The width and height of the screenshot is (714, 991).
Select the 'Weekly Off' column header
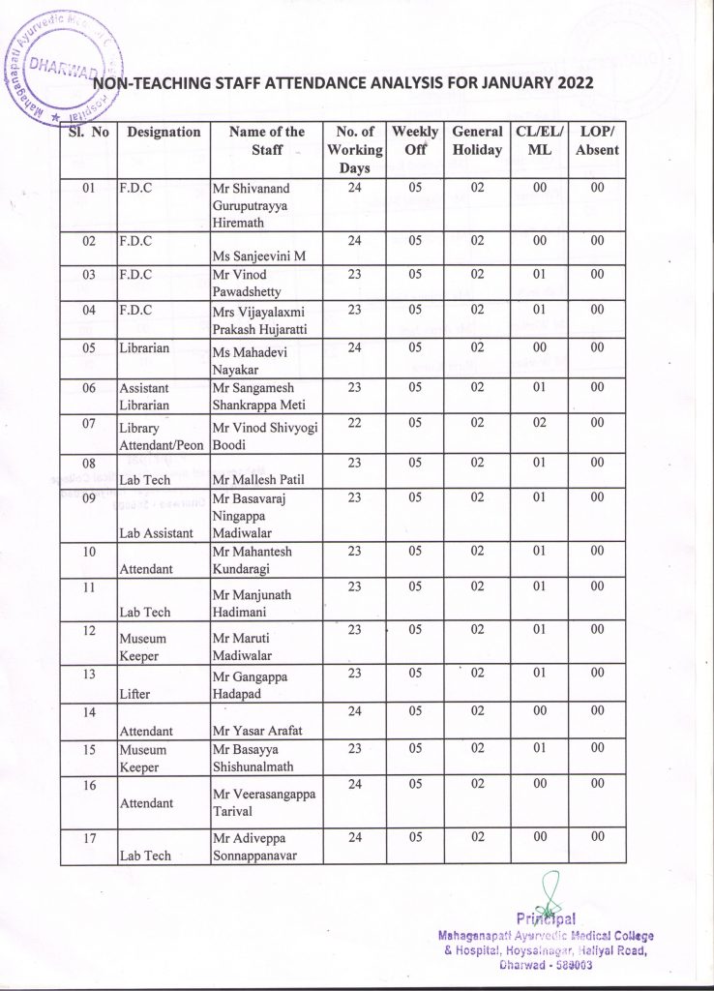pos(415,141)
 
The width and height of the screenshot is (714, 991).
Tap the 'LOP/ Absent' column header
pos(597,141)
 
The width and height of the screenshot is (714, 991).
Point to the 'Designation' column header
pos(164,133)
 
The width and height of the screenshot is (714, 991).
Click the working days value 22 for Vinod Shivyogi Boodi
pos(354,422)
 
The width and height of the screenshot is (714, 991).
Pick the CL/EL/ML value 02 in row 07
pos(532,422)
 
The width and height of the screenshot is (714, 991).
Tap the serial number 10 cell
pos(88,552)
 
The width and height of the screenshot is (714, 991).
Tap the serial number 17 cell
pos(88,838)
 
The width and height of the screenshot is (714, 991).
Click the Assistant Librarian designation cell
pos(146,396)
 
